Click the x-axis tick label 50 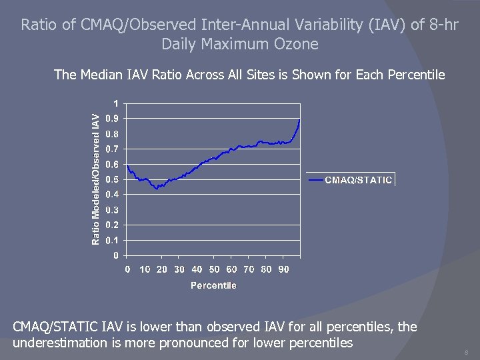click(x=214, y=269)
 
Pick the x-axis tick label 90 click(x=283, y=269)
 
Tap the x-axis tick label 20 click(x=162, y=269)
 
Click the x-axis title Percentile click(x=213, y=285)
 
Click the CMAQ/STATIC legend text click(x=358, y=180)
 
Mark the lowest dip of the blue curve click(x=157, y=189)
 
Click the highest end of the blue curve click(x=300, y=120)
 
